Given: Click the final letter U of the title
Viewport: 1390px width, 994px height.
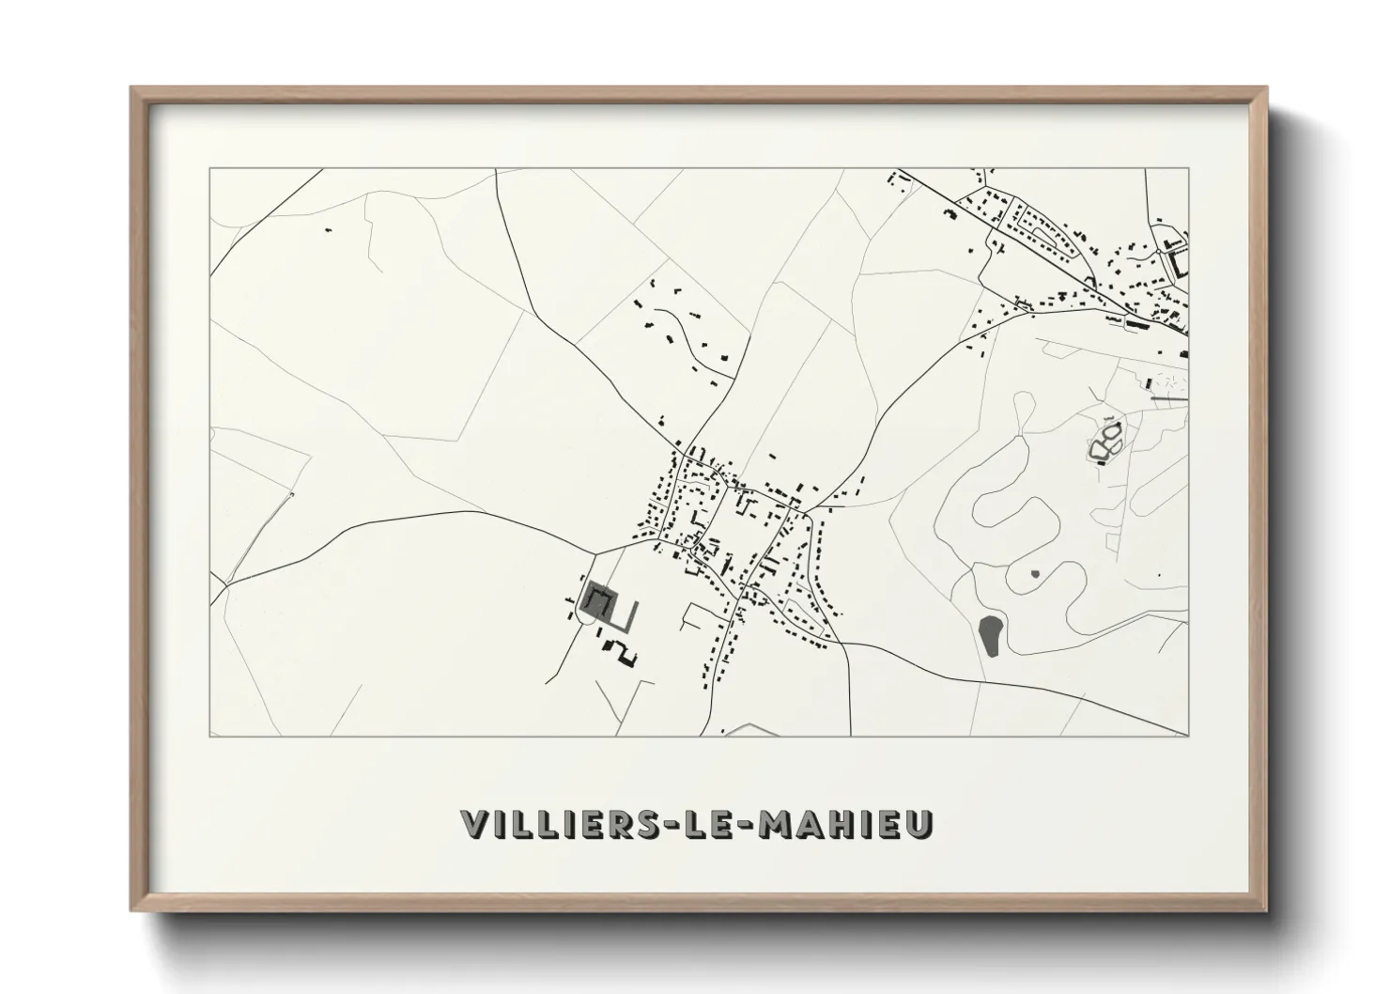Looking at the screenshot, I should tap(920, 823).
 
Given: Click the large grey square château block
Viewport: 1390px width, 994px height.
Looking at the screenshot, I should tap(596, 598).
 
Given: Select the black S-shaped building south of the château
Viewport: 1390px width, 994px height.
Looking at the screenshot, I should tap(621, 652).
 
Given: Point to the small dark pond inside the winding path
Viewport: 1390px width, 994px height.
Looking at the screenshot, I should tap(1035, 573).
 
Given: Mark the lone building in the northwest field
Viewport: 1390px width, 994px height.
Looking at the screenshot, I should tap(328, 229).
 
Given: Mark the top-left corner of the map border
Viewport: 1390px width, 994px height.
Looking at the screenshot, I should tap(209, 169).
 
